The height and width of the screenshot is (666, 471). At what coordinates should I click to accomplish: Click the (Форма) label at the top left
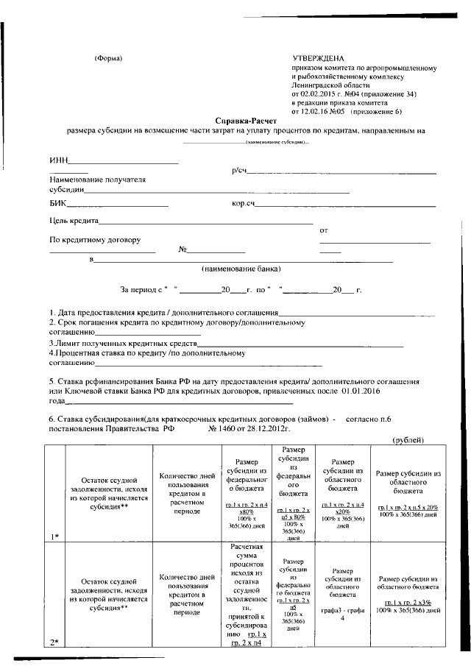(109, 58)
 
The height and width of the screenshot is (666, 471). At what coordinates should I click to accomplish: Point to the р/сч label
(238, 171)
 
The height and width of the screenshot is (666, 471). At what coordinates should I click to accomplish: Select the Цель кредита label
(74, 221)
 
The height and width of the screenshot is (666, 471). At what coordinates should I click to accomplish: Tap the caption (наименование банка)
(241, 269)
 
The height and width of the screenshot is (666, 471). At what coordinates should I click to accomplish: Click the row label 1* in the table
(54, 536)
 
